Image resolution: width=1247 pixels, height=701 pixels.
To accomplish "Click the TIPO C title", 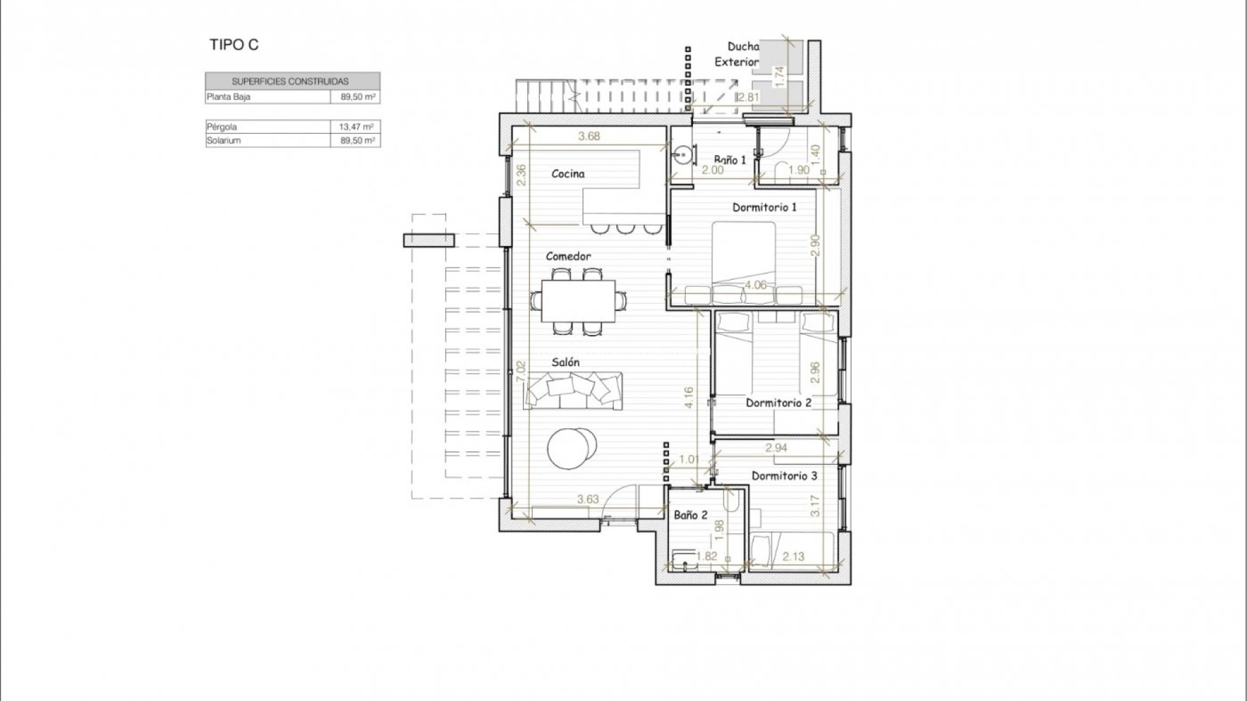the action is pos(234,45).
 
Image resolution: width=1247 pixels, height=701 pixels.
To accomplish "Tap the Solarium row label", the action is pos(223,140).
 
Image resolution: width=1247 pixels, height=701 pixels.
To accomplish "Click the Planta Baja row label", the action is pos(229,97).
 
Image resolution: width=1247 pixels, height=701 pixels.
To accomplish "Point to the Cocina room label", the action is pos(568,173).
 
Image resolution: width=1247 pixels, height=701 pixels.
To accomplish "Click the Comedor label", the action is pos(568,256).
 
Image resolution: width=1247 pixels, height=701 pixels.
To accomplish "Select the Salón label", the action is pos(565,362).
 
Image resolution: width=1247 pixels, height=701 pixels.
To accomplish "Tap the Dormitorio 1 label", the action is pos(764,207).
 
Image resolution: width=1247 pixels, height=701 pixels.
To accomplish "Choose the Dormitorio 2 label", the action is pos(778,402).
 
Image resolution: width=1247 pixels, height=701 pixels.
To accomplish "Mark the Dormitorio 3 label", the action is pos(785,476).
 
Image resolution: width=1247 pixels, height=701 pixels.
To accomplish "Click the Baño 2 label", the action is pos(690,515).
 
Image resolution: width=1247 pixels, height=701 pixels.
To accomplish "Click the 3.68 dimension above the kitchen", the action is pos(589,136).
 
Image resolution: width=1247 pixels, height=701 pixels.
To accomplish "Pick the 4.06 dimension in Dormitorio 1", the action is pos(755,285).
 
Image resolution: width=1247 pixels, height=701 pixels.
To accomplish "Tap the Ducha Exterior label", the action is pos(737,55).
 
